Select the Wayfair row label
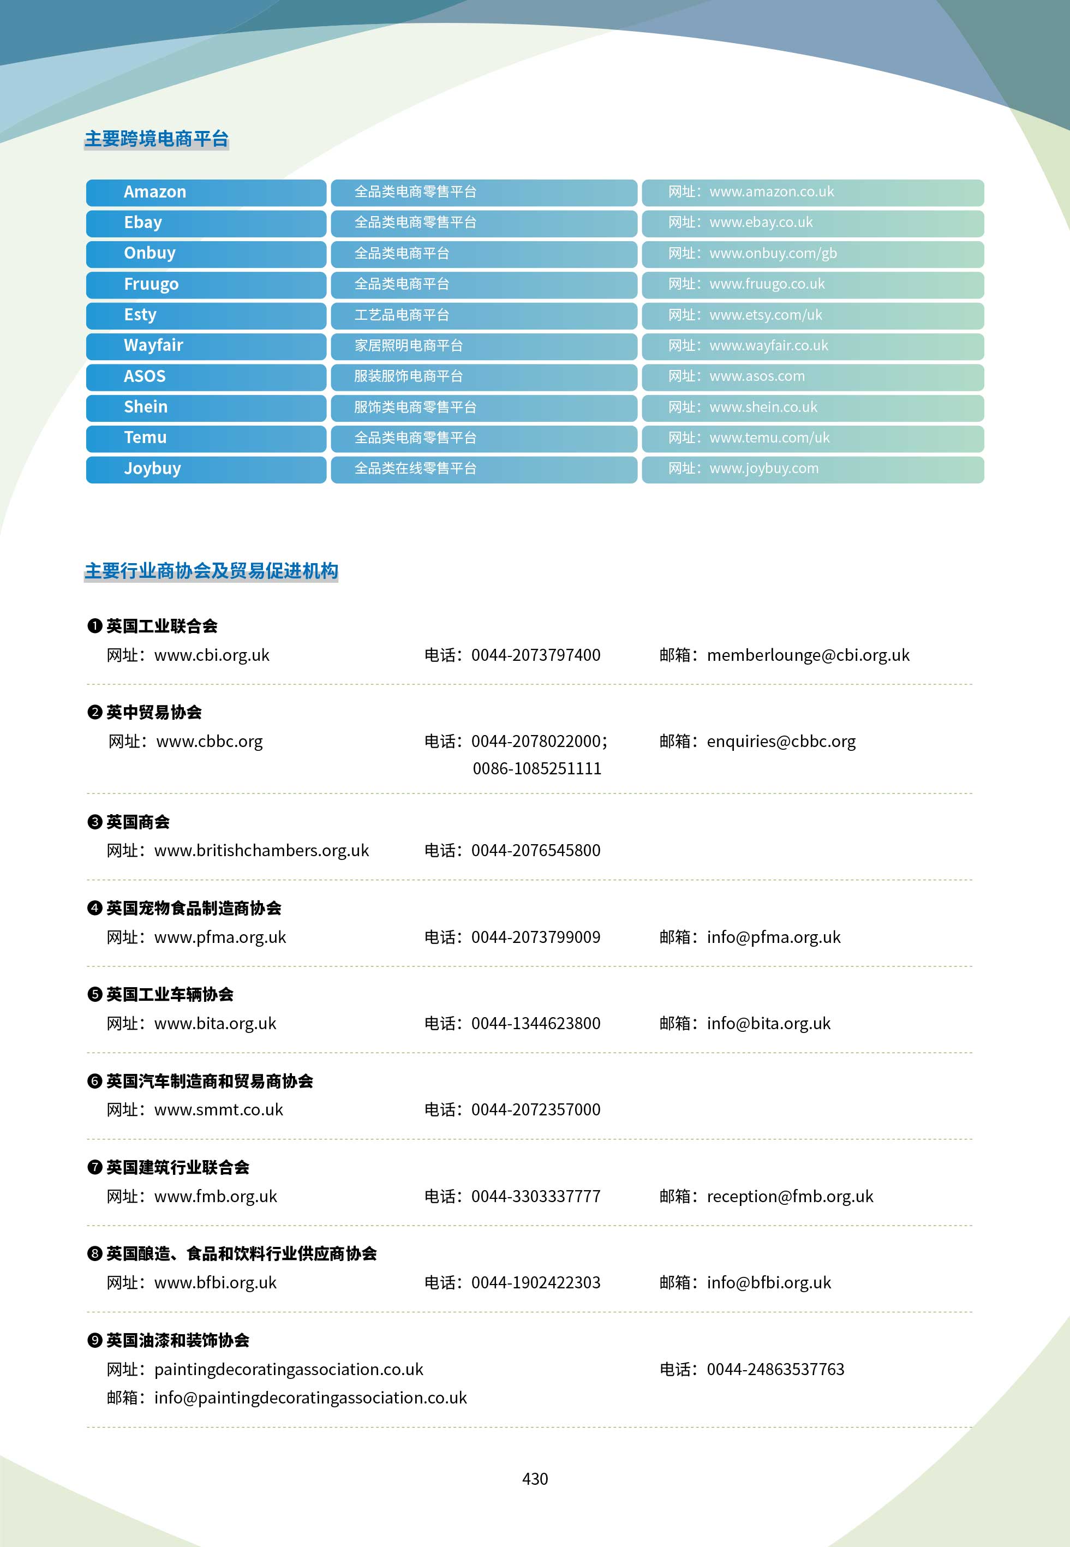(x=153, y=346)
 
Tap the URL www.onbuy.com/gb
(x=773, y=253)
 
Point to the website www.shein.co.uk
(x=763, y=408)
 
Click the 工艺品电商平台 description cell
(x=402, y=315)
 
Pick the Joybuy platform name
(x=152, y=469)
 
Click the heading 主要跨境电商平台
(x=156, y=139)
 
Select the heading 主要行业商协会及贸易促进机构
(x=211, y=571)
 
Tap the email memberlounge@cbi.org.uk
(x=808, y=655)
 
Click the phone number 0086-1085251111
(x=537, y=769)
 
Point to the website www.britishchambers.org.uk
(x=261, y=851)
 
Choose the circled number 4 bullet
(x=94, y=908)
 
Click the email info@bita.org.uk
(x=768, y=1024)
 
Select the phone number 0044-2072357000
(x=536, y=1110)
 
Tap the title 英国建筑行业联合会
(x=178, y=1168)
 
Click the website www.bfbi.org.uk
(x=215, y=1283)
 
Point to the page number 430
(x=535, y=1479)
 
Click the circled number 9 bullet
(x=94, y=1341)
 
